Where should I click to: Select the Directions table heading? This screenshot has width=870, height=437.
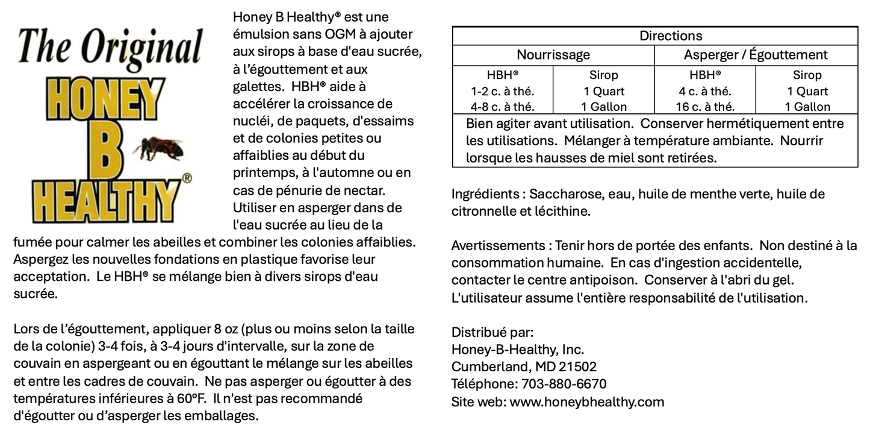(x=670, y=36)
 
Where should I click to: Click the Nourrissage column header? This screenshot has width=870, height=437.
(x=553, y=55)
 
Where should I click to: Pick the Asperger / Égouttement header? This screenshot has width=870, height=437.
(x=755, y=55)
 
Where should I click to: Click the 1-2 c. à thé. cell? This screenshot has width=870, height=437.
(x=502, y=92)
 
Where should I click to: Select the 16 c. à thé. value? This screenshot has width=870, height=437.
(x=704, y=107)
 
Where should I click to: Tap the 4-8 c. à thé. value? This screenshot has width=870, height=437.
(x=502, y=107)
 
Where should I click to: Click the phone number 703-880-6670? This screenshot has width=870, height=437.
(x=564, y=384)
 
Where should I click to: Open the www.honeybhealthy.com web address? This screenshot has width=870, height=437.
(x=586, y=401)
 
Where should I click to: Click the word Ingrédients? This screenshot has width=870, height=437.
(x=485, y=194)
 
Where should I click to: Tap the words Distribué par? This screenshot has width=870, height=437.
(x=492, y=332)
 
